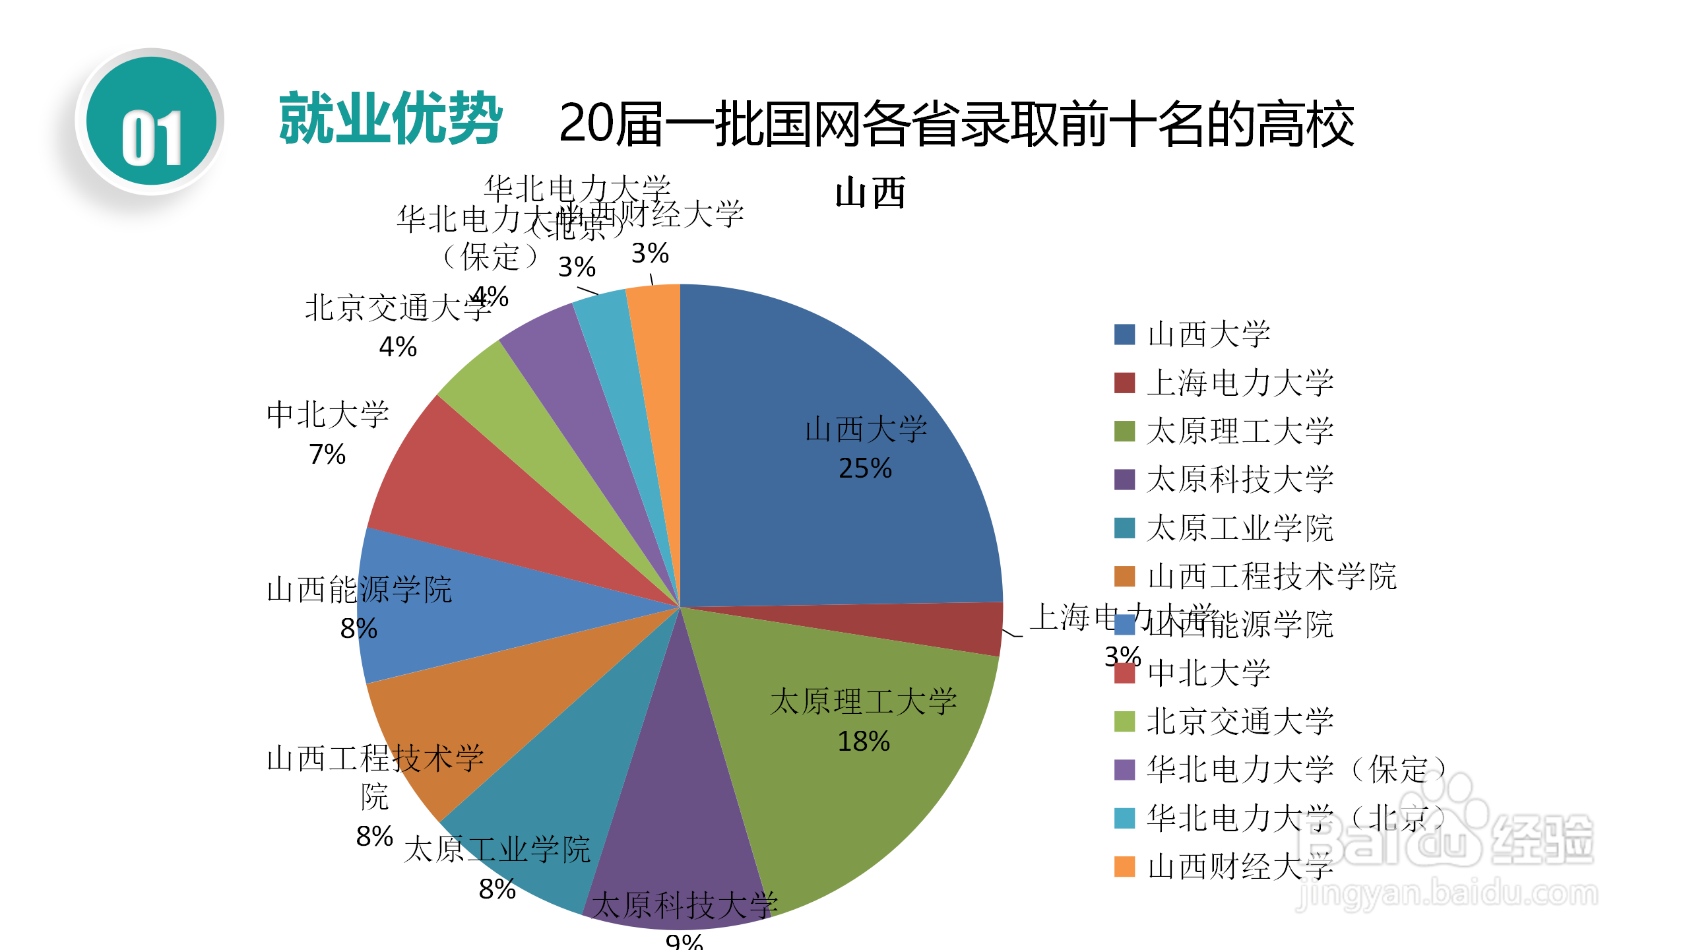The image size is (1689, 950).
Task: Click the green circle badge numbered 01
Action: (x=152, y=121)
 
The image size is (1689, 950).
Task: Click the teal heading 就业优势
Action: (x=391, y=119)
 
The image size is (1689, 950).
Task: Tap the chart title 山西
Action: (x=870, y=193)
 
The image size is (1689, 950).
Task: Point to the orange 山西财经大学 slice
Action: (x=656, y=369)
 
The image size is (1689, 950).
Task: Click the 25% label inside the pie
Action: (x=865, y=468)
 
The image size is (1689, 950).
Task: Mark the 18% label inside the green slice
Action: (x=864, y=742)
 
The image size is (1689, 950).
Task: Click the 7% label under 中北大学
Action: (x=327, y=454)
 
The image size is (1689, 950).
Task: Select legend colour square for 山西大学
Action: (x=1124, y=334)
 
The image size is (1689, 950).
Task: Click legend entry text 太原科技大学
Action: (x=1240, y=479)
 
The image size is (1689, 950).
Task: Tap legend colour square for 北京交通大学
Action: (x=1124, y=721)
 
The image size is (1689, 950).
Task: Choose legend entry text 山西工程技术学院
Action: (x=1271, y=576)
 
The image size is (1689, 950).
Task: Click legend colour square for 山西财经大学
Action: (x=1124, y=866)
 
